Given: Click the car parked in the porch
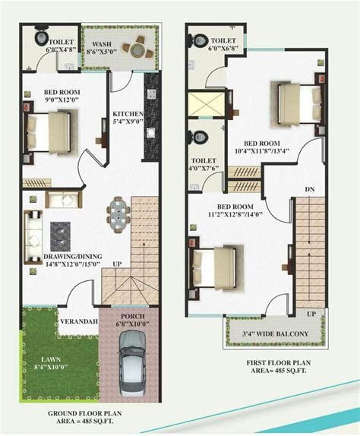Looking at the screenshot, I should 134,368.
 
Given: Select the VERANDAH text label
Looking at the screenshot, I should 81,321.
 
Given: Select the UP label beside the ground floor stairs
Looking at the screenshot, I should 117,264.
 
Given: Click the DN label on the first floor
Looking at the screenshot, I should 308,189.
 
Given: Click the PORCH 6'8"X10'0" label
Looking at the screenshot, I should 132,322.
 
